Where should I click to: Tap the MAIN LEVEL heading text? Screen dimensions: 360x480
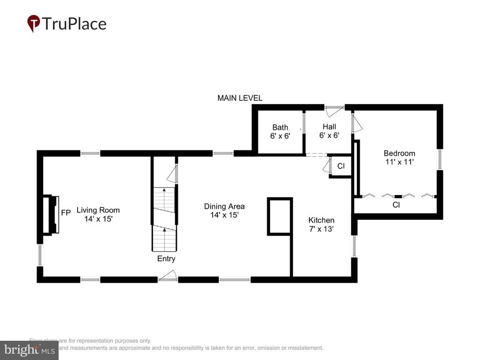[x=240, y=98]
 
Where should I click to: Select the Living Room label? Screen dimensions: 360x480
[x=98, y=210]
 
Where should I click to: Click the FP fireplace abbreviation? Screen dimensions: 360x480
[x=66, y=212]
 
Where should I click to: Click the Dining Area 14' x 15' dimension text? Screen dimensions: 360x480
[x=225, y=215]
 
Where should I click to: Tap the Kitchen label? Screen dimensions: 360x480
[x=321, y=220]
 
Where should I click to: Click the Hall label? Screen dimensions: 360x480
[x=329, y=127]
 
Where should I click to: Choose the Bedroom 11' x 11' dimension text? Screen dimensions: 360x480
[x=399, y=162]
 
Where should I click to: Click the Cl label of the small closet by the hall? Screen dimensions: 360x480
[x=341, y=166]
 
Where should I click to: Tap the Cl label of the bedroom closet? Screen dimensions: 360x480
[x=396, y=205]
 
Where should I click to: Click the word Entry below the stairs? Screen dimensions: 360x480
[x=166, y=259]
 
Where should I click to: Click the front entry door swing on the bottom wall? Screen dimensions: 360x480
[x=168, y=277]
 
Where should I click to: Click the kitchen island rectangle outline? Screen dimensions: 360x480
[x=280, y=216]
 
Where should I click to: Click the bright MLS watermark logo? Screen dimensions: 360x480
[x=29, y=350]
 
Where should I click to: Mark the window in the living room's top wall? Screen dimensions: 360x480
[x=90, y=153]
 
